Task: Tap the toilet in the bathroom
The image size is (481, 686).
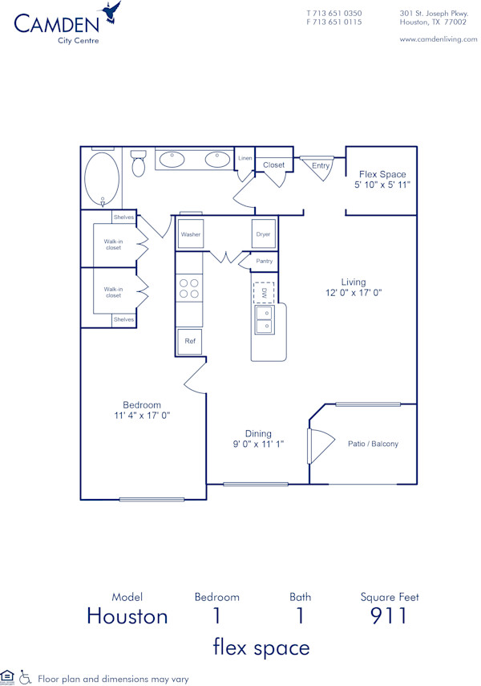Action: (x=138, y=164)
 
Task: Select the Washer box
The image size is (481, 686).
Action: (x=191, y=234)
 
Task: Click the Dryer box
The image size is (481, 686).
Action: (x=264, y=234)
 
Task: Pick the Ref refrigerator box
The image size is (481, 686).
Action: (x=190, y=341)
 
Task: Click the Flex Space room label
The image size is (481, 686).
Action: (x=382, y=174)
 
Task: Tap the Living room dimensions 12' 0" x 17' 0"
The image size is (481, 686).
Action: (x=354, y=294)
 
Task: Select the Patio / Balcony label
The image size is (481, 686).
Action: (x=373, y=444)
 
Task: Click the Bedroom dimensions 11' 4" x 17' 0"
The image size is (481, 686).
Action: (x=142, y=416)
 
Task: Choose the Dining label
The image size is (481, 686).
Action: (x=258, y=433)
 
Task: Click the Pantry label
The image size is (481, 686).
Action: (x=265, y=261)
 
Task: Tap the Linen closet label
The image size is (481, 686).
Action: (x=245, y=159)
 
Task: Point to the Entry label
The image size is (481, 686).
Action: (x=321, y=166)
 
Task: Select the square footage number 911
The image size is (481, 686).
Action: (x=389, y=615)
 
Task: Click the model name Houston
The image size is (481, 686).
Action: (x=127, y=616)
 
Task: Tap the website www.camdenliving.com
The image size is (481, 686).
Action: (x=438, y=39)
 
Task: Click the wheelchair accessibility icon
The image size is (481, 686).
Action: (x=25, y=678)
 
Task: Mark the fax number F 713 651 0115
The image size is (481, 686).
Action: (x=334, y=22)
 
